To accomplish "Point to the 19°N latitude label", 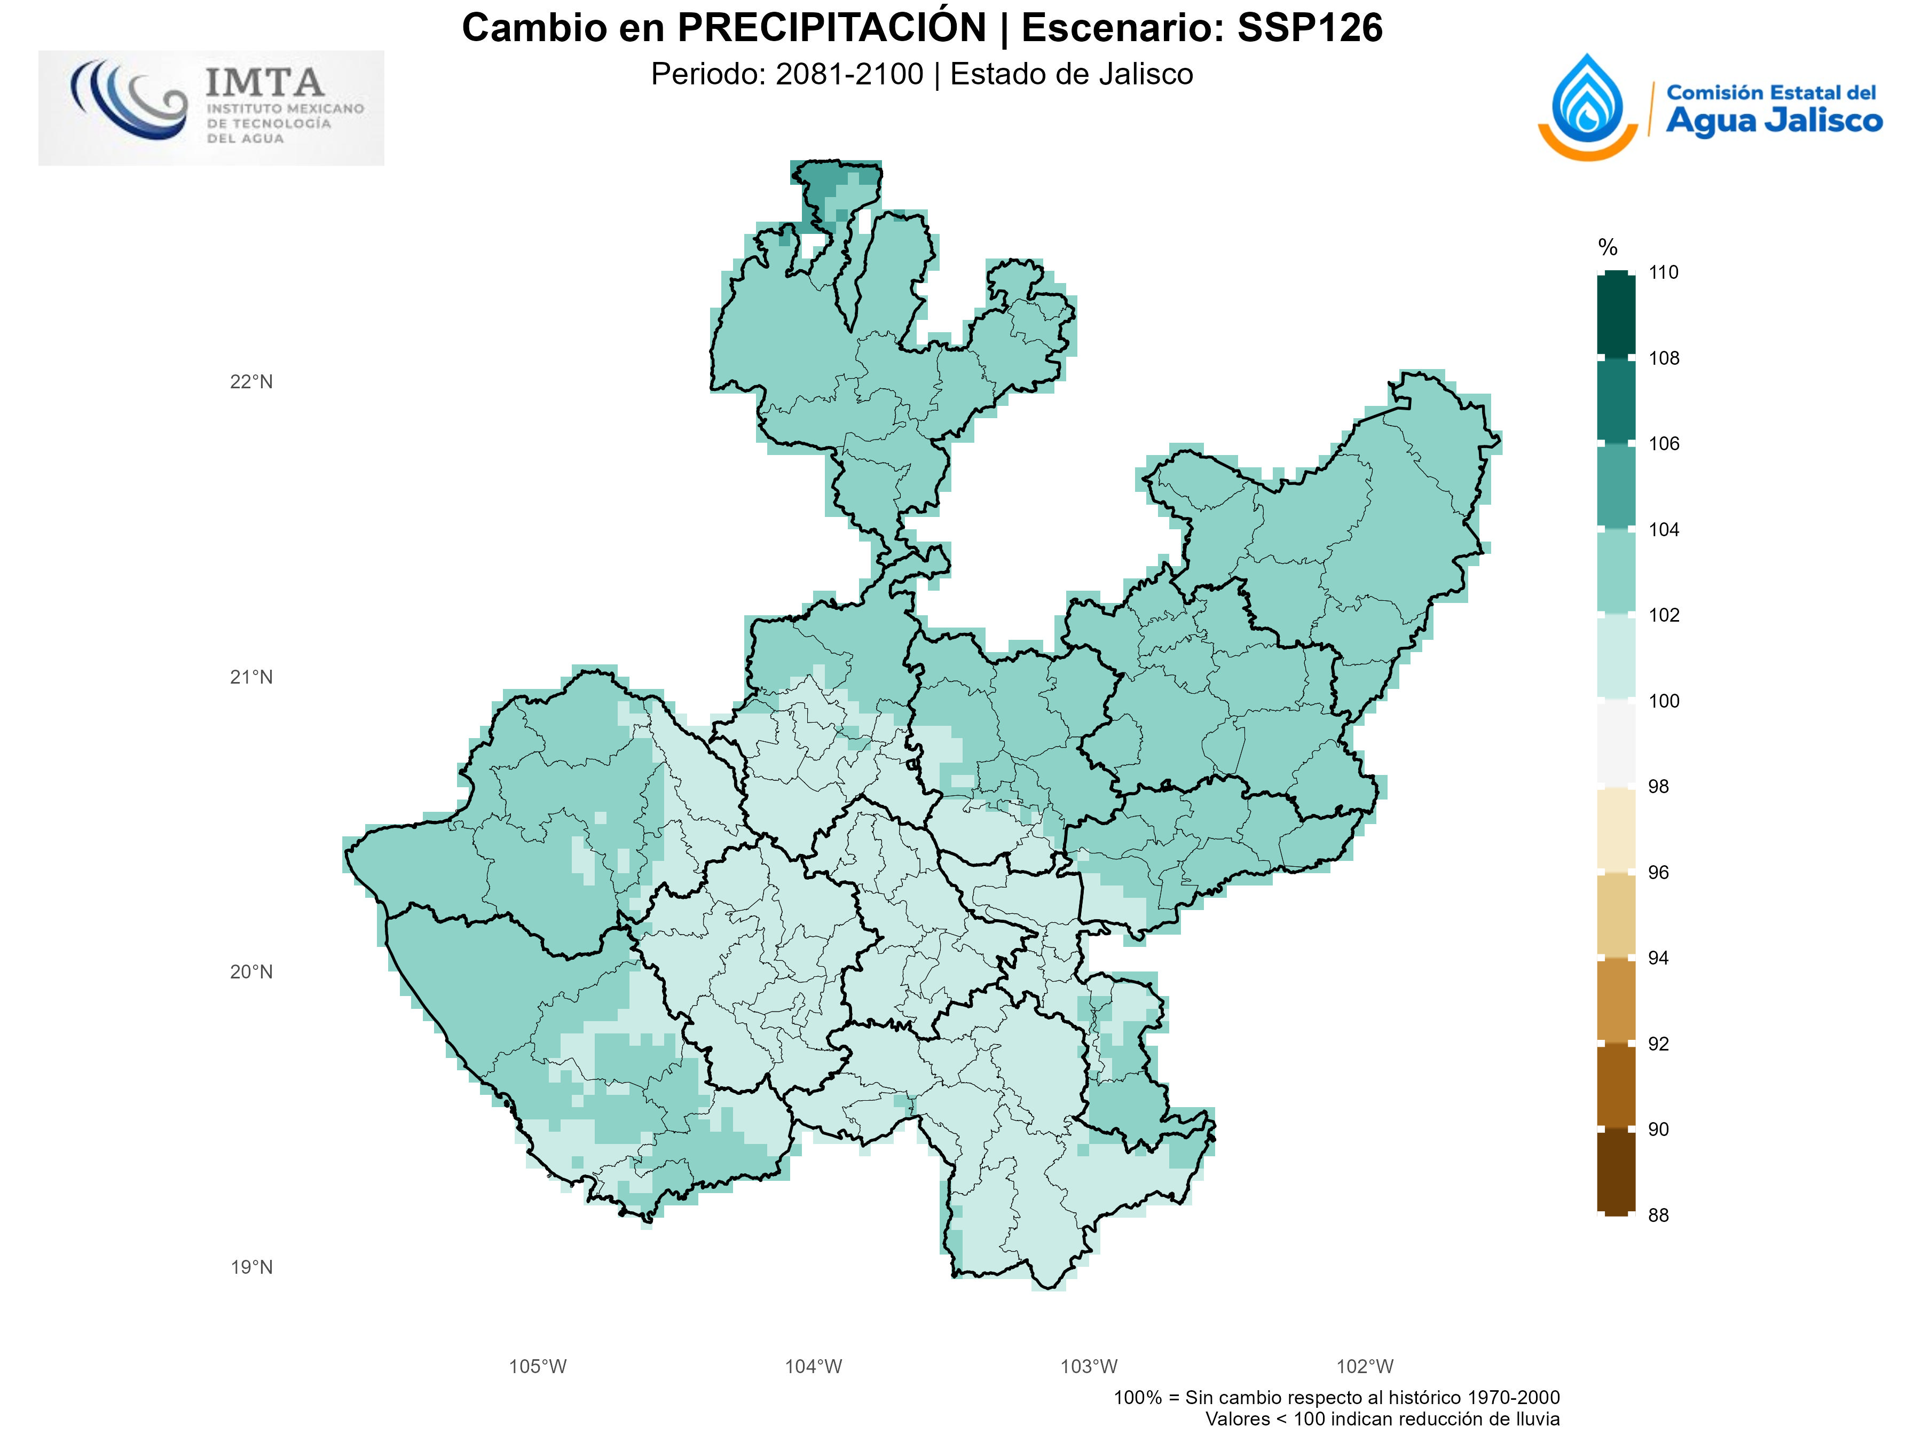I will tap(251, 1267).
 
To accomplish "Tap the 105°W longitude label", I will tap(537, 1366).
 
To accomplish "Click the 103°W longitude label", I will tap(1089, 1366).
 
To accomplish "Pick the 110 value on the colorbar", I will tap(1663, 272).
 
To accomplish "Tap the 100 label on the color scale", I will tap(1663, 701).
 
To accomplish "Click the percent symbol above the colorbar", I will tap(1608, 248).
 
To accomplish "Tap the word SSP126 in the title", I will tap(1310, 28).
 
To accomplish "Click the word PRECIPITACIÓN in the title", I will tap(832, 28).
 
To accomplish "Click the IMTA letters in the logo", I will tap(265, 83).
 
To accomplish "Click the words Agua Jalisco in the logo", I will tap(1774, 121).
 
